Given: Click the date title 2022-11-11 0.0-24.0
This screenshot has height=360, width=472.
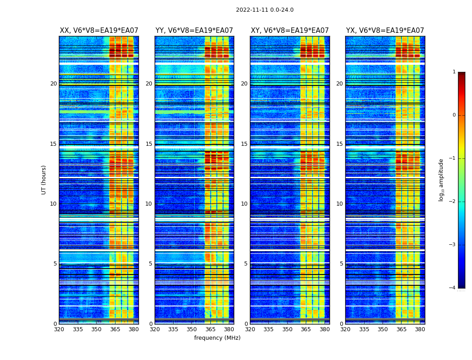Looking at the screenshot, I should (264, 10).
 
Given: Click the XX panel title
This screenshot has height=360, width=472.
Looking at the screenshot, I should (99, 31).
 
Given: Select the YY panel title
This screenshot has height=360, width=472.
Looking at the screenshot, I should (194, 31).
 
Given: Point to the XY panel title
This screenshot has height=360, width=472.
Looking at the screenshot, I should (289, 31).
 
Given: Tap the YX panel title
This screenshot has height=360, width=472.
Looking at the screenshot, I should (385, 31).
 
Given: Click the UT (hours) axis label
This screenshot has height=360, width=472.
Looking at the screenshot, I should (44, 180).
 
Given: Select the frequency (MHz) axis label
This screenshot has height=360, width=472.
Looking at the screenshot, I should (217, 338).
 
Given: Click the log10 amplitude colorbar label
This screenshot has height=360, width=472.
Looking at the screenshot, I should (441, 180).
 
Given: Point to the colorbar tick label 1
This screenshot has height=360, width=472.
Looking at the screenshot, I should (454, 72).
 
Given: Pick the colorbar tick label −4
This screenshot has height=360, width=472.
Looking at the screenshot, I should (452, 288).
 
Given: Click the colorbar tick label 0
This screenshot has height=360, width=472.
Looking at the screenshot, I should (454, 115).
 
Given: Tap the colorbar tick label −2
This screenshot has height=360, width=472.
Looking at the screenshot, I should (452, 202).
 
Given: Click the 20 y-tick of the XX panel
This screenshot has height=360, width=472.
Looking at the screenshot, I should (53, 84).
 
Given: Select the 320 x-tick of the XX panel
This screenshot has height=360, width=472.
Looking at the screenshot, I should (59, 329).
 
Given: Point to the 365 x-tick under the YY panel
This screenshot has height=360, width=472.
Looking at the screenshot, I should (210, 329).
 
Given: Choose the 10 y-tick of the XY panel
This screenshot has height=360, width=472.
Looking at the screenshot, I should (244, 204).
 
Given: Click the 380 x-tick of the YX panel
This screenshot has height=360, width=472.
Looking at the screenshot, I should (420, 329).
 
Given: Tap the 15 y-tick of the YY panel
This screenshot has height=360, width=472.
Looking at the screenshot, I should (149, 144).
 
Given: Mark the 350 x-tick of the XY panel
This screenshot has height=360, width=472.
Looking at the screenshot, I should (287, 329).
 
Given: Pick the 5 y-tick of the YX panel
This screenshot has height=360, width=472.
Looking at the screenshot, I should (341, 264).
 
